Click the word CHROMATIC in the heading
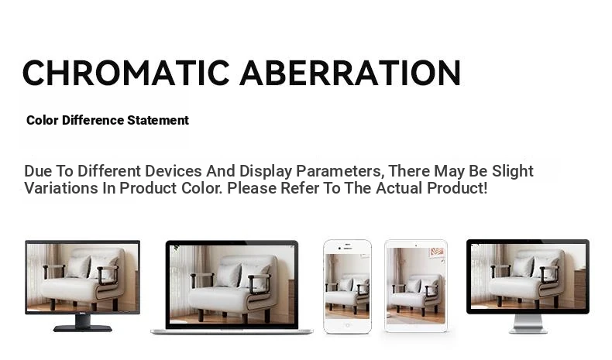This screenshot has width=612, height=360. click(126, 73)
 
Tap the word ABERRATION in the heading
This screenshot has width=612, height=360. click(350, 73)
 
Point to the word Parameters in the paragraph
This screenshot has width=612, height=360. click(339, 171)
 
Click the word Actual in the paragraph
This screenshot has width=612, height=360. click(399, 188)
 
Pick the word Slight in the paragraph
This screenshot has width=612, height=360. click(513, 171)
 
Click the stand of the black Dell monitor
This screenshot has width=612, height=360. click(83, 324)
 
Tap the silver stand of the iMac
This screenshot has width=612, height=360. click(528, 324)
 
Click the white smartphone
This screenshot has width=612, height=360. click(347, 286)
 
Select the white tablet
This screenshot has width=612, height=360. click(416, 286)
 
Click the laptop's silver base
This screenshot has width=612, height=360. click(232, 331)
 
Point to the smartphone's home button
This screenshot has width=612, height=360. click(347, 326)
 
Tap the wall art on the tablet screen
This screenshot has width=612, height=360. click(437, 252)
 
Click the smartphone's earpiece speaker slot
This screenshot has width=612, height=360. click(347, 249)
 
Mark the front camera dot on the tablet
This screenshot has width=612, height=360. click(416, 245)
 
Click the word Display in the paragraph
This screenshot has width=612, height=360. click(266, 171)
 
